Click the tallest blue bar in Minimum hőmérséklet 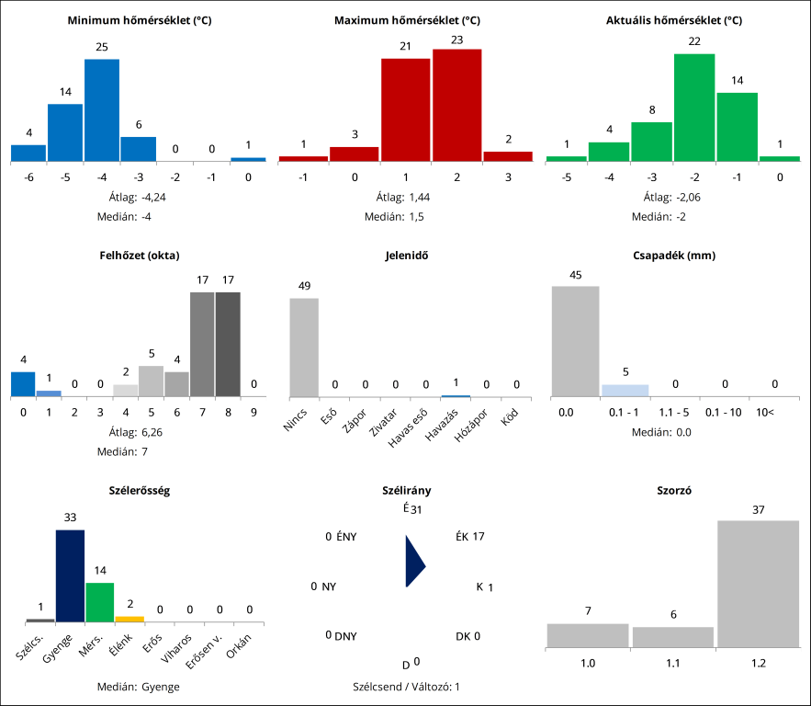coord(102,110)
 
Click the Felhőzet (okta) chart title coord(140,255)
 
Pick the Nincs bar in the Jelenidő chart coord(305,347)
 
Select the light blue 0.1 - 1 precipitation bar coord(625,391)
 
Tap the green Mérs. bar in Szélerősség coord(100,602)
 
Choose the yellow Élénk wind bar coord(130,620)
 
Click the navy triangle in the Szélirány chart coord(413,562)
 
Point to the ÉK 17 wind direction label coord(469,537)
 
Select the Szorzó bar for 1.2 coord(758,584)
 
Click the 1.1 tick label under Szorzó coord(673,662)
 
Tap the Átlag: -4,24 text coord(141,197)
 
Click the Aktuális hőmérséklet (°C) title coord(674,20)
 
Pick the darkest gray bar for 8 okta coord(228,345)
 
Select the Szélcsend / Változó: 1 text coord(406,687)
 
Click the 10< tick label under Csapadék coord(766,413)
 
